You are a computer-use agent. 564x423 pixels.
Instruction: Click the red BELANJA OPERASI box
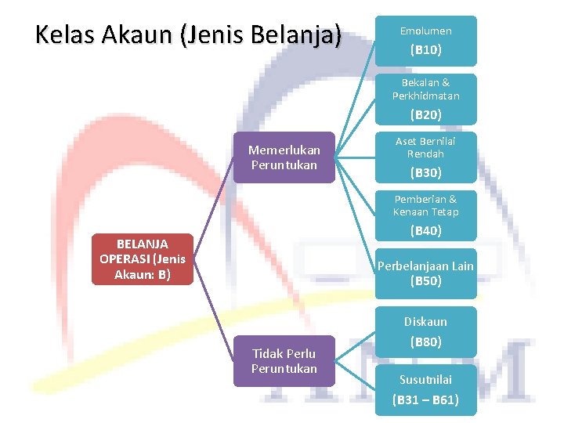tap(142, 258)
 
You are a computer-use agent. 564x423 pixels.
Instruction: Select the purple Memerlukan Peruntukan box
tap(284, 157)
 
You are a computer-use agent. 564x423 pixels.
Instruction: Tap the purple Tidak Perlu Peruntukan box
tap(284, 361)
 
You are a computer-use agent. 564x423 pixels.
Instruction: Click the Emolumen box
tap(425, 40)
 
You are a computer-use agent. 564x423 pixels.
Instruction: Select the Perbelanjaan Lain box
tap(425, 273)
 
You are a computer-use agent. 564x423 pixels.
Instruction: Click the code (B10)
tap(426, 50)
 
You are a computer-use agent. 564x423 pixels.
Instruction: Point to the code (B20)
tap(426, 115)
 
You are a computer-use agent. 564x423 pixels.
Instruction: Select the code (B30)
tap(426, 173)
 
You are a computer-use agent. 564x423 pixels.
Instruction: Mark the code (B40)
tap(426, 231)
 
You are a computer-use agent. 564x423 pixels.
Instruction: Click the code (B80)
tap(426, 342)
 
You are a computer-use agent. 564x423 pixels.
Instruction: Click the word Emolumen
tap(426, 31)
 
